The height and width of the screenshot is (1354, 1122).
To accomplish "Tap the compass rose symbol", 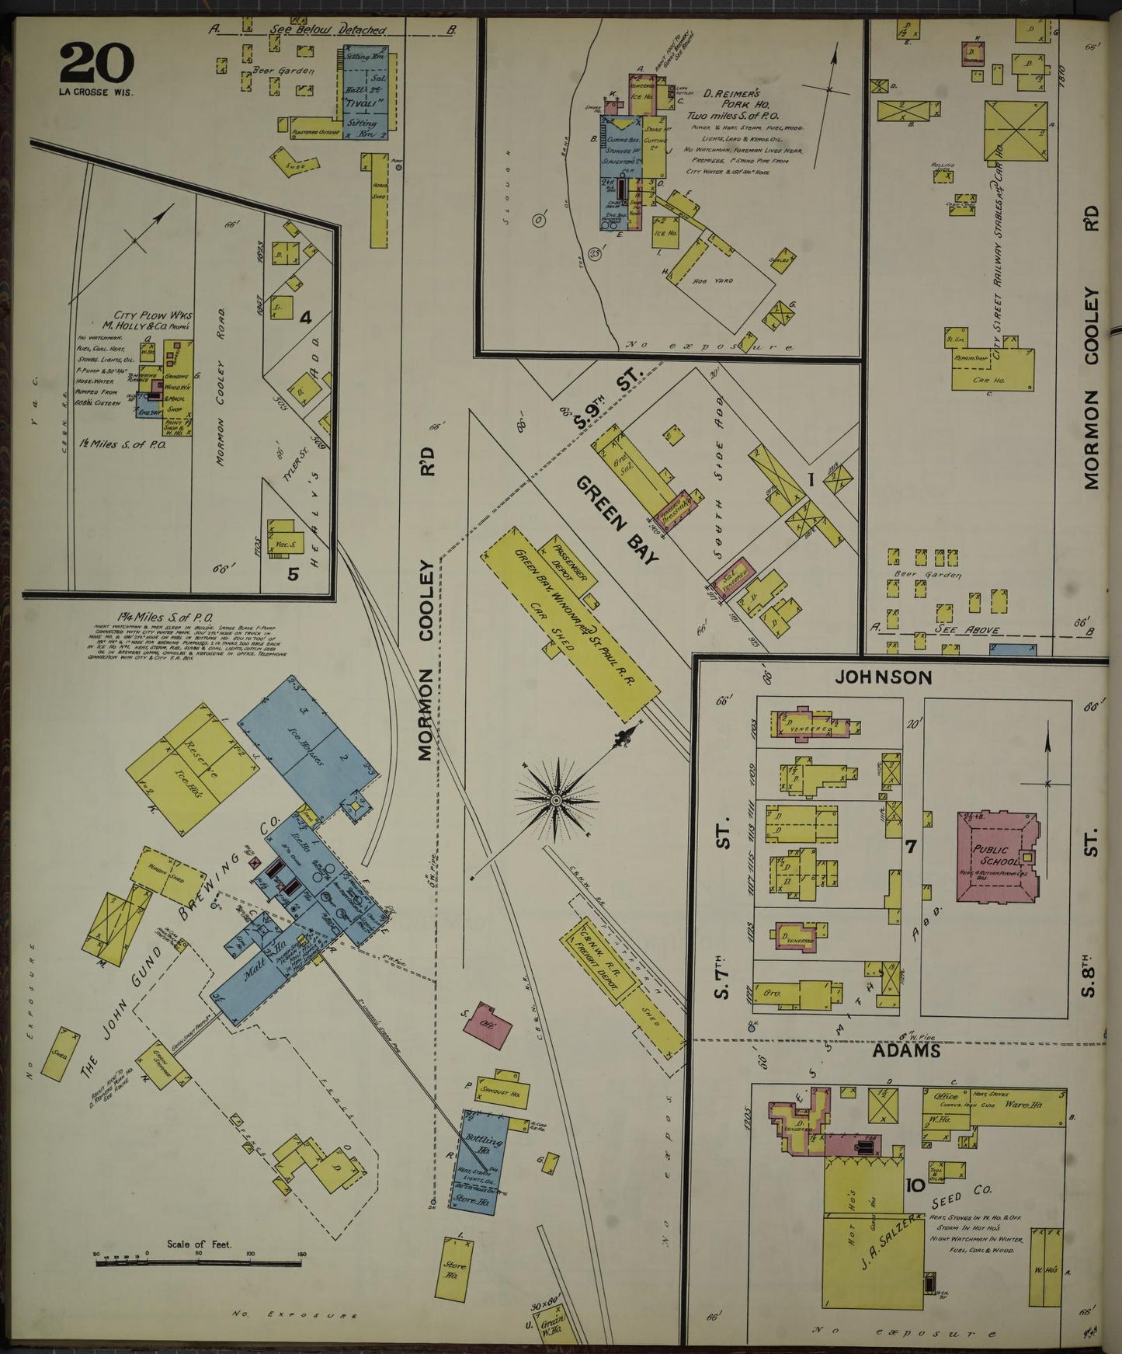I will click(x=557, y=799).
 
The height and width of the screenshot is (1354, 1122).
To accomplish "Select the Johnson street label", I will click(x=882, y=677).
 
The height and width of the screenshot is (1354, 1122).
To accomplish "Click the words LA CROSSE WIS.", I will click(x=96, y=92).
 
